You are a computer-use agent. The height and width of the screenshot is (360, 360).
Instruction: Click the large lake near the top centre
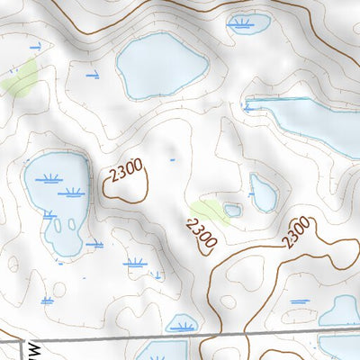(162, 67)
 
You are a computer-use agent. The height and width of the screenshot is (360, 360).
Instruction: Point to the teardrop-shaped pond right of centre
(264, 192)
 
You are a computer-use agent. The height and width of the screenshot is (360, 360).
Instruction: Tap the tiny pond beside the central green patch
(233, 211)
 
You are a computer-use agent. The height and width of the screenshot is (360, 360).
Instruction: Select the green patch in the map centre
(208, 212)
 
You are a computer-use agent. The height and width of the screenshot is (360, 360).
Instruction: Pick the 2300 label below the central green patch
(202, 232)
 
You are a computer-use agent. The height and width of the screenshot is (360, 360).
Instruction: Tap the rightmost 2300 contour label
(296, 232)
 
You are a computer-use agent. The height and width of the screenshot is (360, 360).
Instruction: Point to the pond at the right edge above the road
(340, 311)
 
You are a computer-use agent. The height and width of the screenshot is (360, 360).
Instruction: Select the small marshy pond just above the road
(183, 323)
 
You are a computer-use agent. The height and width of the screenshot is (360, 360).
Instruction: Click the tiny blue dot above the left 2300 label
(172, 160)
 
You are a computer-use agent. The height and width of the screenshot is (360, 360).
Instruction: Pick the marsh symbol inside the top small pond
(241, 22)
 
